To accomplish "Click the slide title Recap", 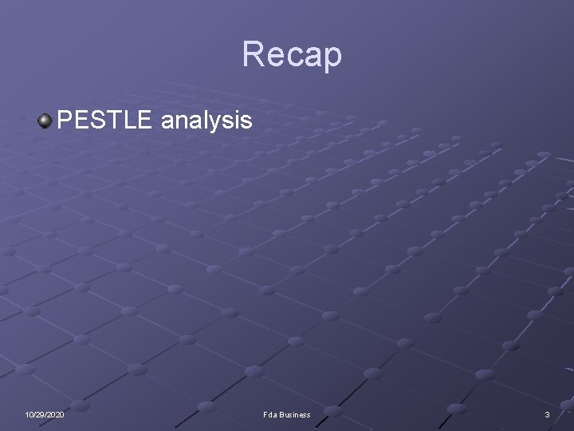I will point(292,54).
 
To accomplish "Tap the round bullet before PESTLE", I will point(45,121).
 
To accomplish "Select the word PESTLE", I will point(104,121).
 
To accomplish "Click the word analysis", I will point(206,121).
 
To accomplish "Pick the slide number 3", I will point(547,415).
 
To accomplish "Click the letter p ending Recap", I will point(332,57).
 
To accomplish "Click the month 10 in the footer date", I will point(28,415).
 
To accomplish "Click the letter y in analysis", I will point(222,124).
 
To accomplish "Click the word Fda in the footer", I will point(269,415).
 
